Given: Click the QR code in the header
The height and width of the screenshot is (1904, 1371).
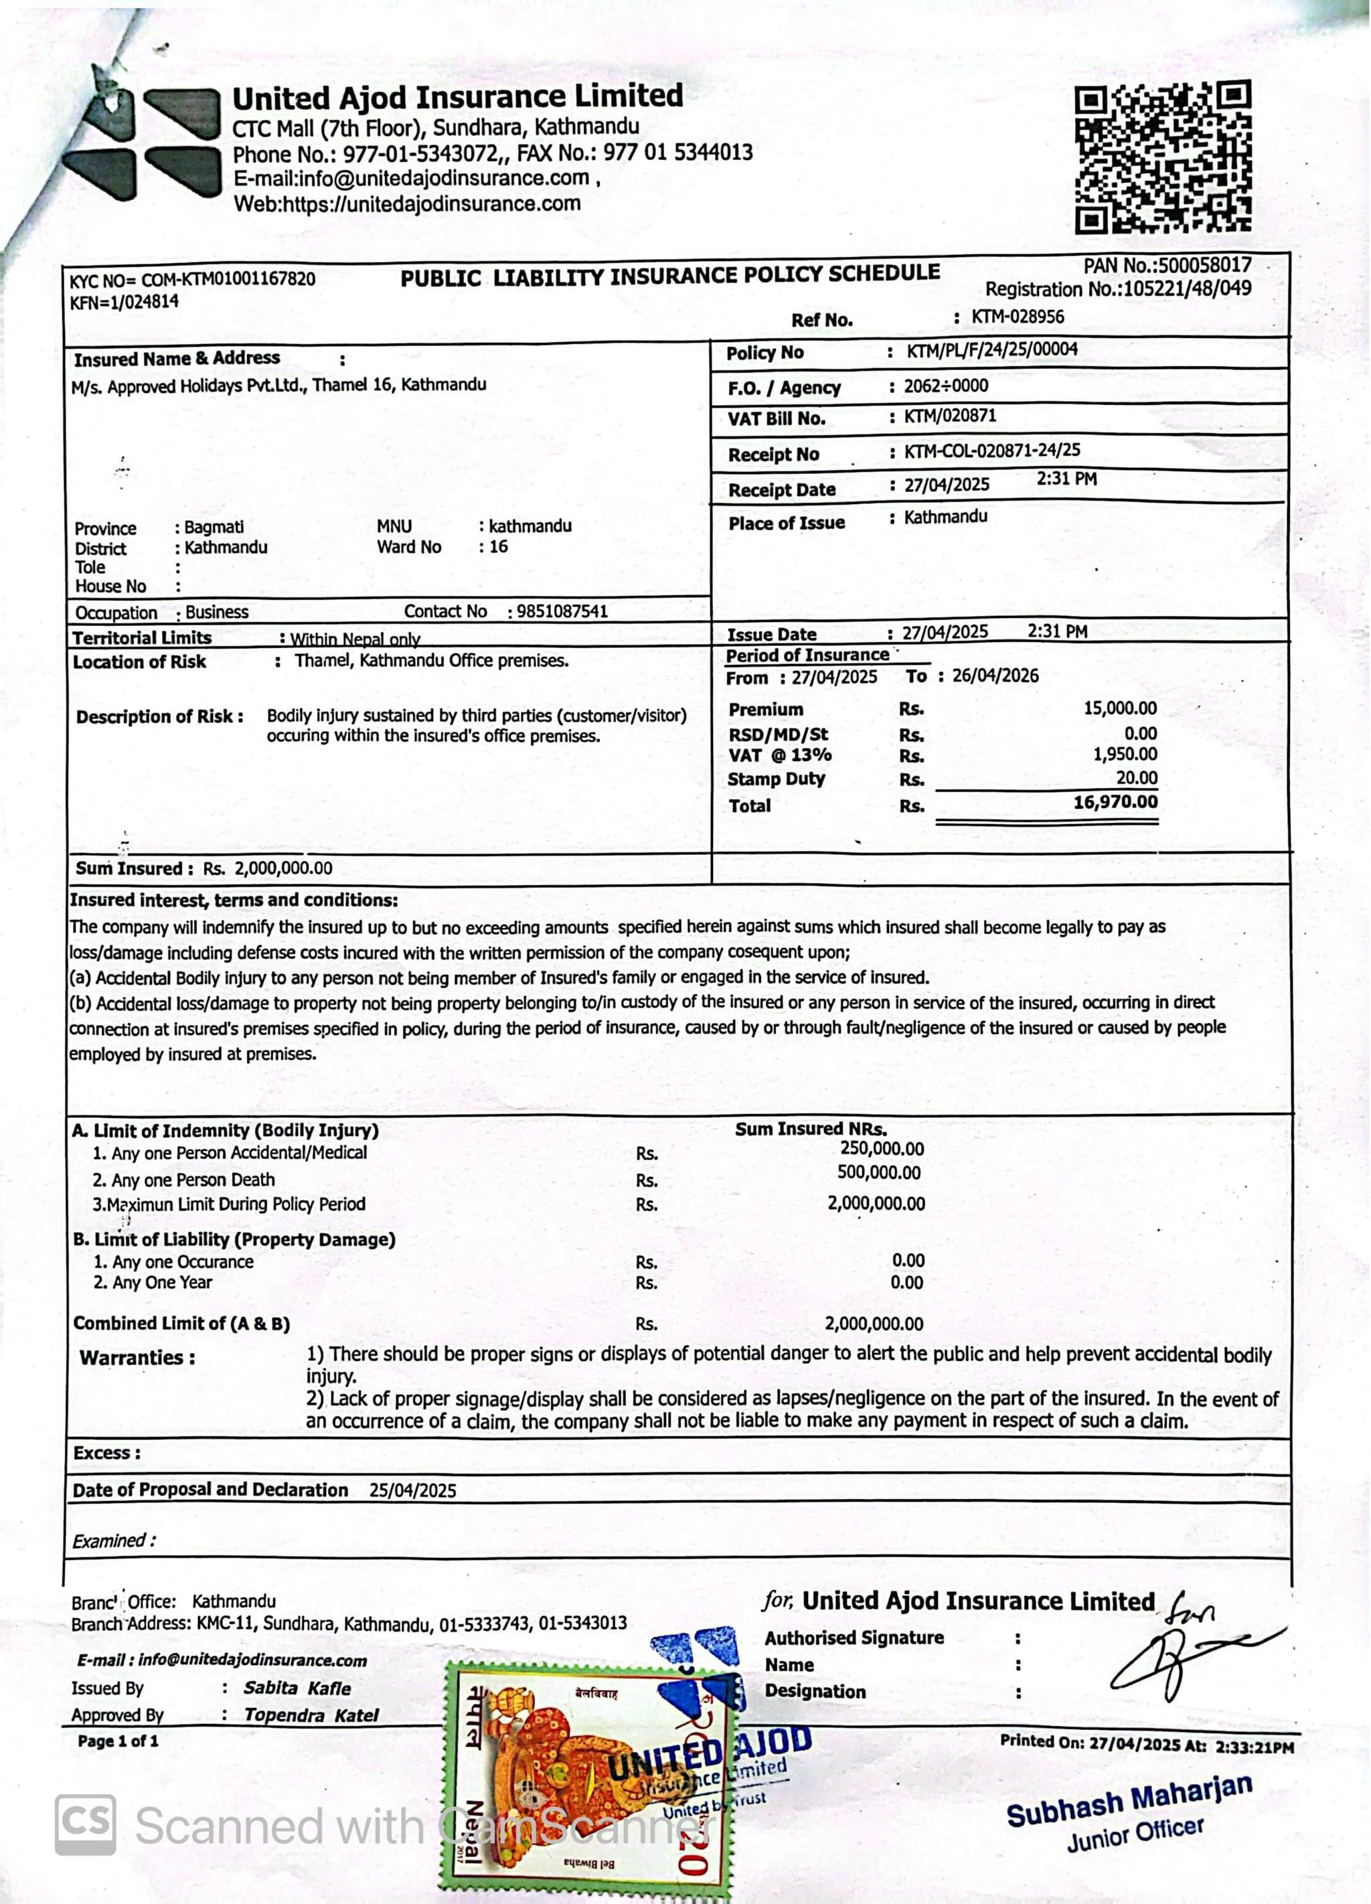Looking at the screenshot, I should pos(1163,157).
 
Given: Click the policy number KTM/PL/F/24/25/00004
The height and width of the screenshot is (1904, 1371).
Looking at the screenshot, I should pos(991,350).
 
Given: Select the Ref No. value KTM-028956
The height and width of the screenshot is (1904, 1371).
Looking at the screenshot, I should pos(1018,317).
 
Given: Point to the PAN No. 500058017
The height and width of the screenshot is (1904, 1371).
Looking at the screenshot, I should pos(1204,265).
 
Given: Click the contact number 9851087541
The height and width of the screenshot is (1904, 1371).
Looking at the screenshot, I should pos(562,611).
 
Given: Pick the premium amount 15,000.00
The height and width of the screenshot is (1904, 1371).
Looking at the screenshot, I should pos(1119,708).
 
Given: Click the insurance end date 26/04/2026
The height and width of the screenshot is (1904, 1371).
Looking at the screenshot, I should pos(995,676).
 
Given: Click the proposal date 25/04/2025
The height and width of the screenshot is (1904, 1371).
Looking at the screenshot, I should pos(412,1490).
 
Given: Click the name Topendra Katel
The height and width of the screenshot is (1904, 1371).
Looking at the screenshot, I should pos(311,1715).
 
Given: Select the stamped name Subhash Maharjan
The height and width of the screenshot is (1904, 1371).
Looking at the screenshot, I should pos(1129,1801).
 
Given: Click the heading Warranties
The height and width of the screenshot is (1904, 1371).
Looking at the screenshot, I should pos(137,1358).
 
